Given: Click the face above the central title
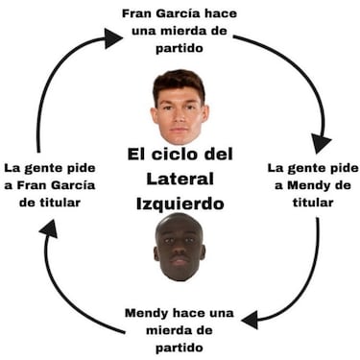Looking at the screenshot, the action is coord(180,108).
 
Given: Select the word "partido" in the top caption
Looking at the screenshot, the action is coord(180,47).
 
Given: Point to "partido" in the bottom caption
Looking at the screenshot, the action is coord(180,347).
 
